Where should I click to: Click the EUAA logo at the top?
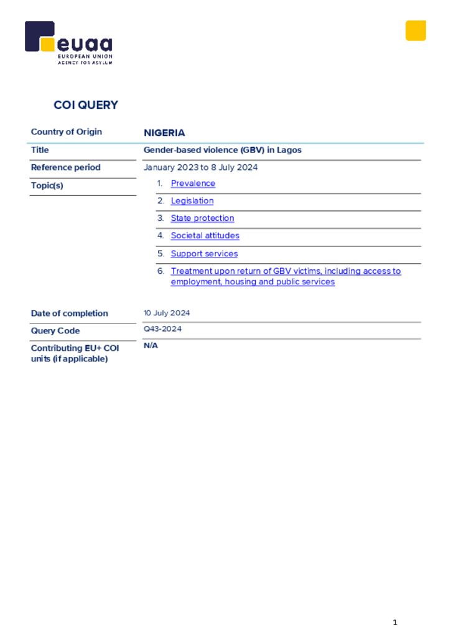[x=68, y=42]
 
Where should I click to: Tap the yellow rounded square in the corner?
[x=416, y=30]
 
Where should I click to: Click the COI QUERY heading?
[x=86, y=105]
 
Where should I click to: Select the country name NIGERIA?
[x=164, y=133]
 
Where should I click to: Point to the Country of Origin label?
[x=67, y=132]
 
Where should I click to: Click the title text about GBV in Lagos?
[x=222, y=150]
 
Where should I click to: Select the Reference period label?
[x=65, y=167]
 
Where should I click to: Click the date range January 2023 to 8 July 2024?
[x=200, y=167]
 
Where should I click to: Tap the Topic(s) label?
[x=47, y=185]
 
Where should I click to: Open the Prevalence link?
[x=193, y=184]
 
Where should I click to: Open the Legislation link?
[x=192, y=201]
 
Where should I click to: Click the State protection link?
[x=202, y=218]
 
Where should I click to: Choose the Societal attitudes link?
[x=205, y=236]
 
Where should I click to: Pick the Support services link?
[x=204, y=254]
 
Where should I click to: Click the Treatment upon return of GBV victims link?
[x=286, y=276]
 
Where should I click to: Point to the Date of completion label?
[x=70, y=314]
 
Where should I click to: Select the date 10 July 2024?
[x=167, y=313]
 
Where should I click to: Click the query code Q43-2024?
[x=162, y=329]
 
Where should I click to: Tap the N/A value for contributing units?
[x=151, y=346]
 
